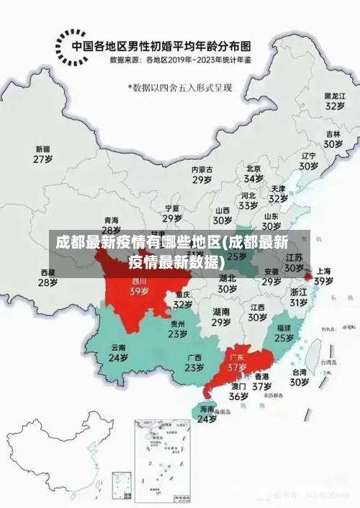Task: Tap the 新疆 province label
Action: tap(43, 148)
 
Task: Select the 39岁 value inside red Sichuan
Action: tap(139, 292)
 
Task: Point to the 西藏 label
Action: tap(48, 272)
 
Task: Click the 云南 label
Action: tap(118, 347)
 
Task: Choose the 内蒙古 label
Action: tap(202, 169)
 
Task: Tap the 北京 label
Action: tap(253, 168)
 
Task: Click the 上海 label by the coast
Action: tap(323, 271)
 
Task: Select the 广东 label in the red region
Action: tap(237, 357)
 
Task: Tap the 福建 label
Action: tap(284, 327)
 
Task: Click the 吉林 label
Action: tap(332, 134)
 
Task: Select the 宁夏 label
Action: tap(171, 208)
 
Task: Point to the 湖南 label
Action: tap(221, 312)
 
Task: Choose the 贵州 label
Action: tap(177, 324)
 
